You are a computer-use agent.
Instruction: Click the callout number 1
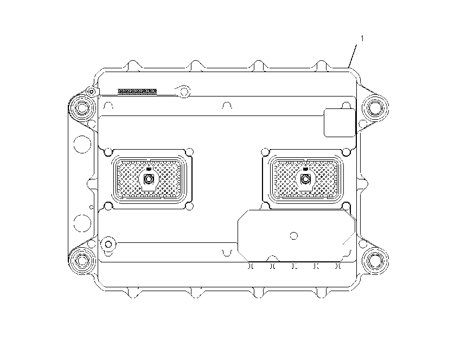coord(362,38)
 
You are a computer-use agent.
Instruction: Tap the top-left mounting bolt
coord(82,108)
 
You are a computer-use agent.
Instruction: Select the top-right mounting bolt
coord(375,107)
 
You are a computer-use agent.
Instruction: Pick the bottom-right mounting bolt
coord(375,261)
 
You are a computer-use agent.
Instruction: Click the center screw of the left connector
coord(149,179)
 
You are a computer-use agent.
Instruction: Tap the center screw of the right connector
coord(305,179)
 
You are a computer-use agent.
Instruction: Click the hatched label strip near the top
coord(137,92)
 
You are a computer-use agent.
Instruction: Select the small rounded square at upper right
coord(340,123)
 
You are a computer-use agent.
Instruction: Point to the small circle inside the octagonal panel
coord(294,236)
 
